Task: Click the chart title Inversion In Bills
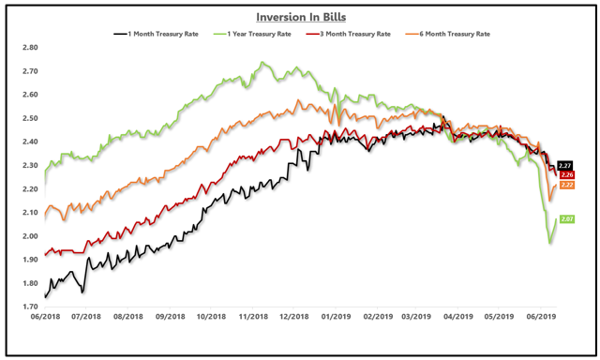pos(300,16)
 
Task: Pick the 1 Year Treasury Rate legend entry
pos(272,35)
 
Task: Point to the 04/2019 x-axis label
pos(458,318)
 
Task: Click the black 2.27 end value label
pos(566,165)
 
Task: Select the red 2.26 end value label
pos(566,175)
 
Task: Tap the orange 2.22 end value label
pos(566,186)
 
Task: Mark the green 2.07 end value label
pos(566,219)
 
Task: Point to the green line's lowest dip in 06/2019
pos(550,243)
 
